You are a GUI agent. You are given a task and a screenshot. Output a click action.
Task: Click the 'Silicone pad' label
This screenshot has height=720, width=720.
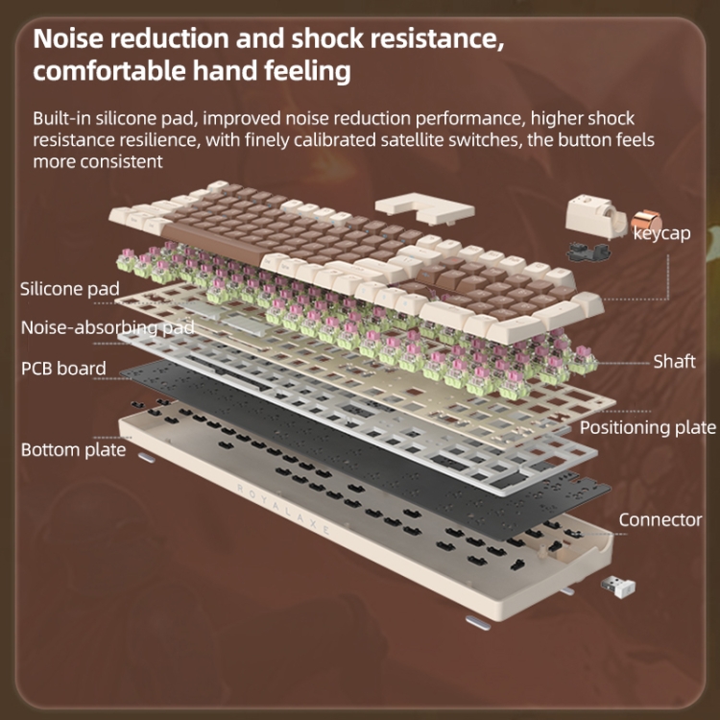click(69, 289)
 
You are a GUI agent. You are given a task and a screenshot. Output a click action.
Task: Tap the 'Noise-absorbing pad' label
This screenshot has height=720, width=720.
click(108, 327)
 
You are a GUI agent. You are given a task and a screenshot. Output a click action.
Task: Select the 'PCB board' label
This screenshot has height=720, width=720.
click(63, 369)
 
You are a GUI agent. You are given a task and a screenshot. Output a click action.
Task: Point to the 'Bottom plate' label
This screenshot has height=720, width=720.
click(73, 449)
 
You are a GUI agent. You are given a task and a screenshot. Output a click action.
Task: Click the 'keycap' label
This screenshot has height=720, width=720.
click(661, 233)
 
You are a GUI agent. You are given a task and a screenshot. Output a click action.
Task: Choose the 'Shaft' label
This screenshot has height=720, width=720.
click(674, 362)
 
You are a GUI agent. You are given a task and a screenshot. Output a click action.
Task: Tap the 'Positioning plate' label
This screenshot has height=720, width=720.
click(647, 428)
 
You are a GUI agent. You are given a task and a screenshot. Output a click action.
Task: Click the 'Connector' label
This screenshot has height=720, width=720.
click(660, 520)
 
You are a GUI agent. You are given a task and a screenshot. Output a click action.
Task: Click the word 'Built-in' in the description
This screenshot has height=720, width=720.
click(65, 119)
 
